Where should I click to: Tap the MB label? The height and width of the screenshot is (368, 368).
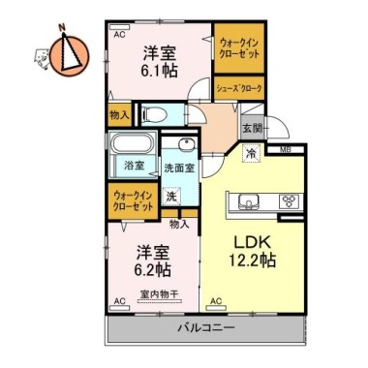[286, 148]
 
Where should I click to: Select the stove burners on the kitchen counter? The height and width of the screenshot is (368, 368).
[289, 201]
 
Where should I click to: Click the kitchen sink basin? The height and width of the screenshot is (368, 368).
[244, 201]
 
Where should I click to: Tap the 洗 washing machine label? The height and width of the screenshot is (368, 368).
[170, 197]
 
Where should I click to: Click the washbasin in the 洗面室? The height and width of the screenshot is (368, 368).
[185, 148]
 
